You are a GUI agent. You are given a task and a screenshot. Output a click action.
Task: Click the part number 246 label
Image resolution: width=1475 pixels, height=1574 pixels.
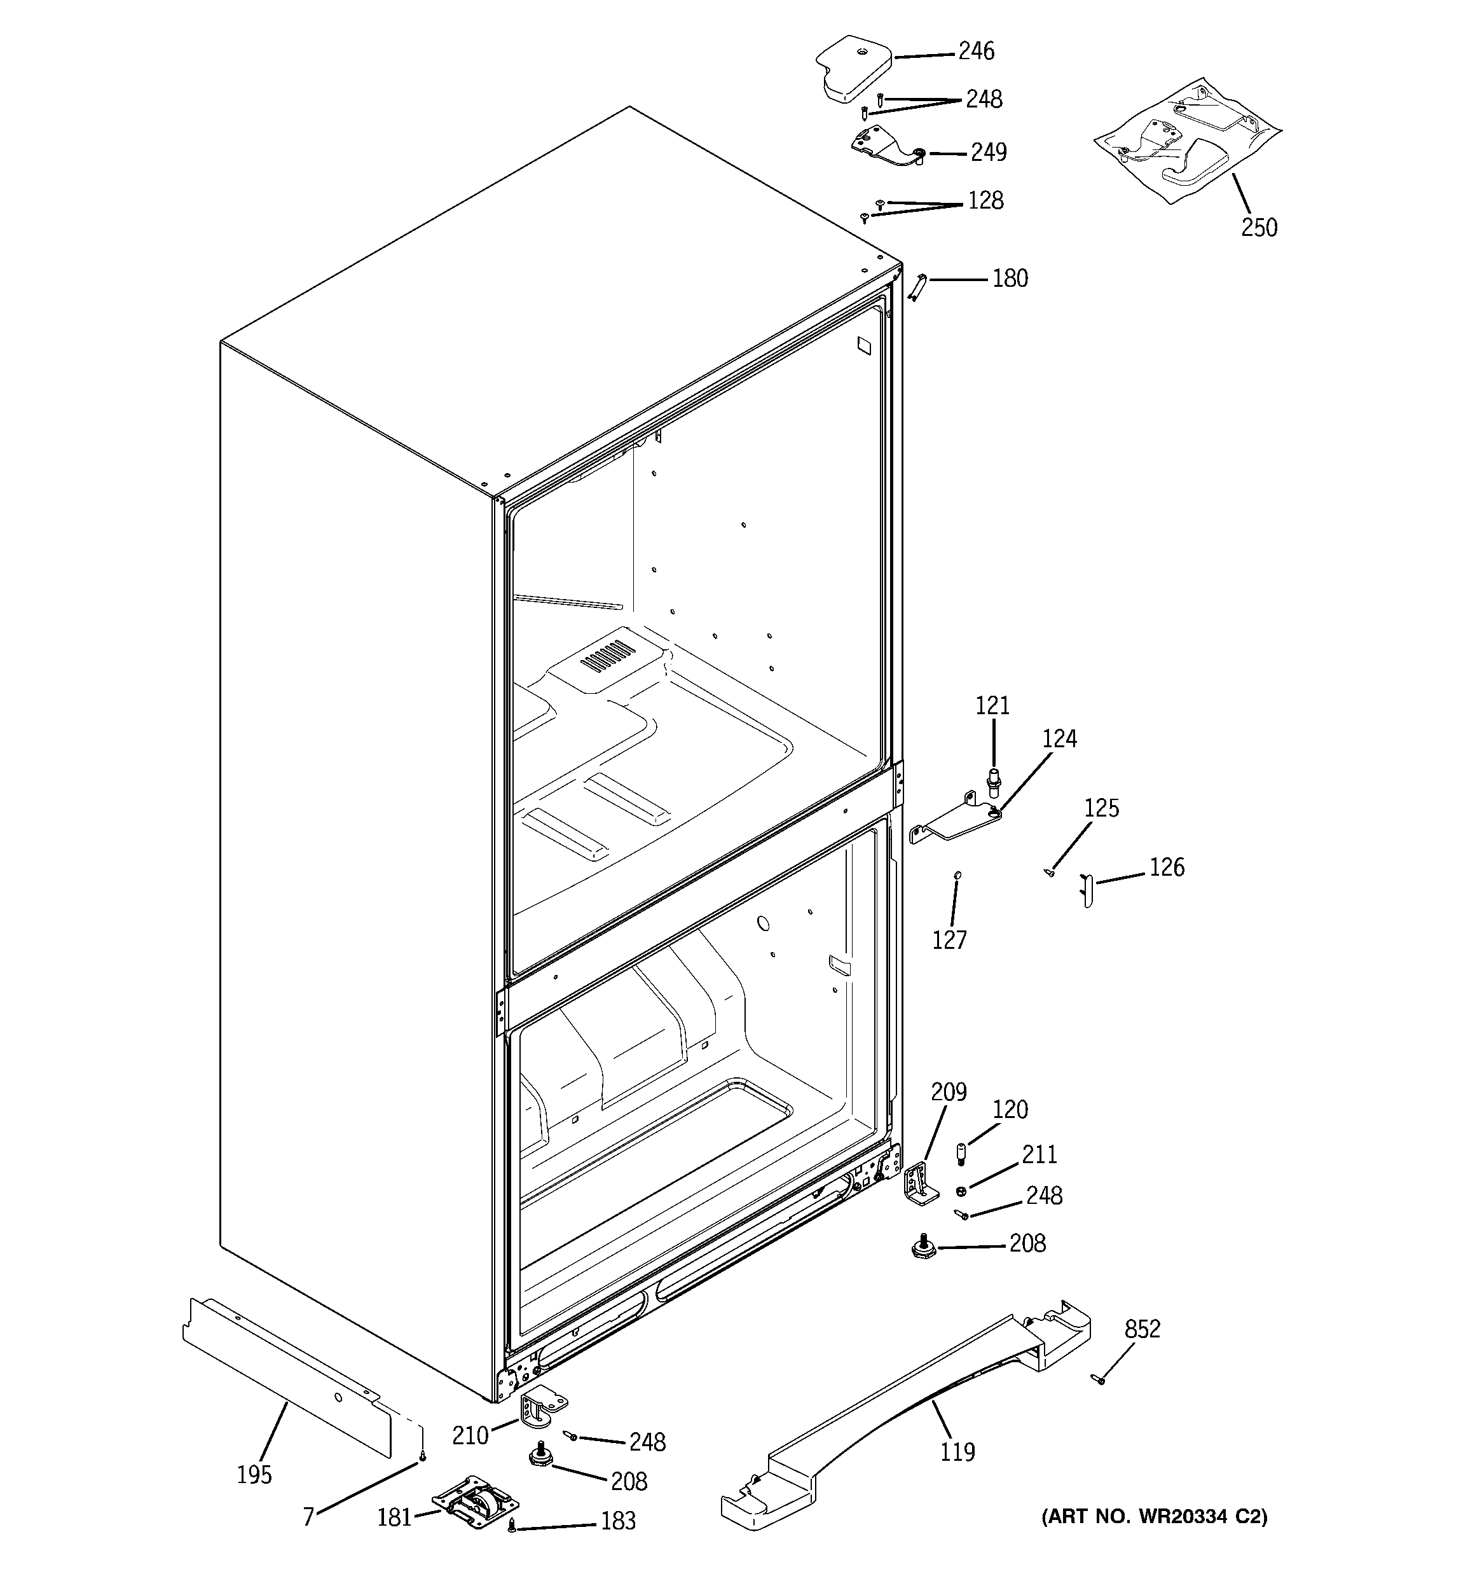coord(975,52)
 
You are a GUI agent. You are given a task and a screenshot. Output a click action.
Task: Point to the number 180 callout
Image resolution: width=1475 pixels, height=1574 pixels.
coord(1010,279)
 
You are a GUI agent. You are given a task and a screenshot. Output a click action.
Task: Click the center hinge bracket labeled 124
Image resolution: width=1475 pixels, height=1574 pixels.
coord(954,820)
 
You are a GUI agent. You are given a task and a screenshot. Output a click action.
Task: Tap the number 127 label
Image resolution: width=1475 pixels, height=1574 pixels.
coord(949,940)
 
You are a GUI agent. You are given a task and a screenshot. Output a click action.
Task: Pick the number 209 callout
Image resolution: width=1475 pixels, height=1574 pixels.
coord(948,1092)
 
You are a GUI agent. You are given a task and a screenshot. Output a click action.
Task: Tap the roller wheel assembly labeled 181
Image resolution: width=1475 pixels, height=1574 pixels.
coord(474,1502)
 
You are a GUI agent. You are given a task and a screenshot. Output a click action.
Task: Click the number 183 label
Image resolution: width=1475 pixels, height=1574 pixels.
coord(617,1521)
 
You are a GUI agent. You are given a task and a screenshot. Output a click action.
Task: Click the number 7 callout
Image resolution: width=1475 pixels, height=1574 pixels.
coord(309,1516)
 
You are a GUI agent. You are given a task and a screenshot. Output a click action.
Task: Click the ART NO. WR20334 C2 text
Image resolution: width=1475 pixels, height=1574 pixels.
coord(1153,1516)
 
